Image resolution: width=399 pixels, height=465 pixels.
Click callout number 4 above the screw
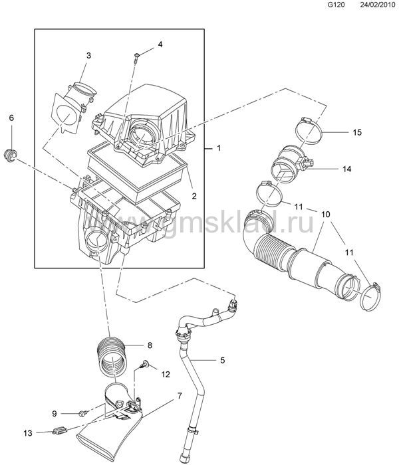160,45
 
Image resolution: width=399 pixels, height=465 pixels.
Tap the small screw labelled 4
136,57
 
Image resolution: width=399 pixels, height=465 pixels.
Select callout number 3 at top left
88,55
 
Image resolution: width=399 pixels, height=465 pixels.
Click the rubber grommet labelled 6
11,155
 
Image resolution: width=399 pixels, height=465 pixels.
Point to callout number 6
11,118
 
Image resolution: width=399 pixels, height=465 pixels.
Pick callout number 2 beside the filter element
194,196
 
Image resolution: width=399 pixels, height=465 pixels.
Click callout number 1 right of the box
219,147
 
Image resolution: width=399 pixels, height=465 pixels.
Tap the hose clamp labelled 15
308,130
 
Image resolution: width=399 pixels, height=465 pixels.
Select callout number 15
358,132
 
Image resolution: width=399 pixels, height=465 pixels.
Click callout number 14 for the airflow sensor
346,169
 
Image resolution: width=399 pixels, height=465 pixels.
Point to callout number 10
326,214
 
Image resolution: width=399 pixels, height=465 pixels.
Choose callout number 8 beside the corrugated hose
150,345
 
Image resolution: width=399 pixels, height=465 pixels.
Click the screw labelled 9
82,413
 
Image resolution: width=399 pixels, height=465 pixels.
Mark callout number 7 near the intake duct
180,396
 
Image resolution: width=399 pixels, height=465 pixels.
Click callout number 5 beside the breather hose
223,360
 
